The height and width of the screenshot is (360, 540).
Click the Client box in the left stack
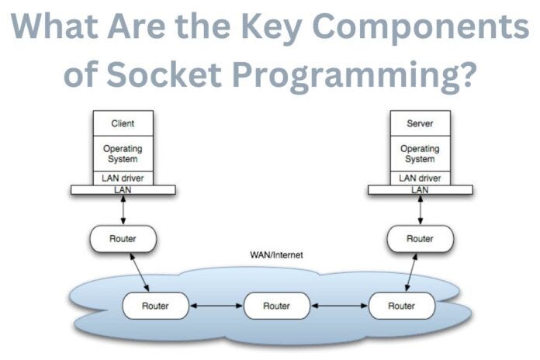point(123,123)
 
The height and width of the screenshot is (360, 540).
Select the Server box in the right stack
point(420,123)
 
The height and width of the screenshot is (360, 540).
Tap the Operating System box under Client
point(123,153)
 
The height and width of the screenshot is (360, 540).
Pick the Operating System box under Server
point(420,153)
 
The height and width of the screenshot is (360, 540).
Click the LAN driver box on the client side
point(123,178)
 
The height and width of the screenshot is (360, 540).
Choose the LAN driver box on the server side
point(420,178)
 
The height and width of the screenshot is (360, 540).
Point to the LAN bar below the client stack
point(123,189)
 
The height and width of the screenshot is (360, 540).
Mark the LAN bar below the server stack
point(420,189)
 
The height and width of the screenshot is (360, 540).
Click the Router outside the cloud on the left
point(123,239)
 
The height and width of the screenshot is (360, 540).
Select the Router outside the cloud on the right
point(420,239)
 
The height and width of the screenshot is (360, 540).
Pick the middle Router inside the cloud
point(276,306)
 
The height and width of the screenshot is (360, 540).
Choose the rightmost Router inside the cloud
point(401,306)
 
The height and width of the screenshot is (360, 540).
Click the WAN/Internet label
point(276,254)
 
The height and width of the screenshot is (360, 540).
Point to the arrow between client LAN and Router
point(123,209)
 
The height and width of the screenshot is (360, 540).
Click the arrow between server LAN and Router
point(420,209)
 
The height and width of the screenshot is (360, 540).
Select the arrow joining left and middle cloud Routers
point(216,306)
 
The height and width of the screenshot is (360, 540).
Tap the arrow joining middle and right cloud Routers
point(338,306)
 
